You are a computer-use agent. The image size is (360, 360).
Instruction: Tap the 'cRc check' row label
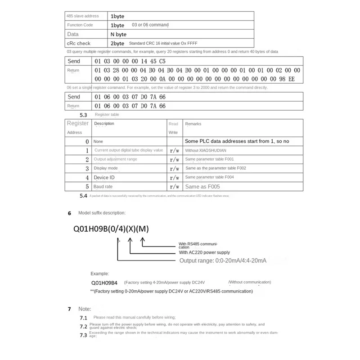point(79,43)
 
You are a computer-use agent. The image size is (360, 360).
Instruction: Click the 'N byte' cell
point(119,34)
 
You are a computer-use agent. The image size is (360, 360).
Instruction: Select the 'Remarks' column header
point(193,124)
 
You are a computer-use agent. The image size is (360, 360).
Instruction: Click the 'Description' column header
point(104,124)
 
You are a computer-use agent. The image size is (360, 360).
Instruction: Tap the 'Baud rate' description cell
point(103,186)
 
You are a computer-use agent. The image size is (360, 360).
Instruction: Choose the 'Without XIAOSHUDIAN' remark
point(205,150)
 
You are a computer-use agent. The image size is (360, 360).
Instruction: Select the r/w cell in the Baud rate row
point(174,186)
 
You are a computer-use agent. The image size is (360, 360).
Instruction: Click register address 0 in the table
point(87,141)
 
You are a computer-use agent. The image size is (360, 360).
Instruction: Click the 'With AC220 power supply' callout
point(204,253)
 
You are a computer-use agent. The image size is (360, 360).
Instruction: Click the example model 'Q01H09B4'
point(104,283)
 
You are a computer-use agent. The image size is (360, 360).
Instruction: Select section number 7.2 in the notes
point(83,326)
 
